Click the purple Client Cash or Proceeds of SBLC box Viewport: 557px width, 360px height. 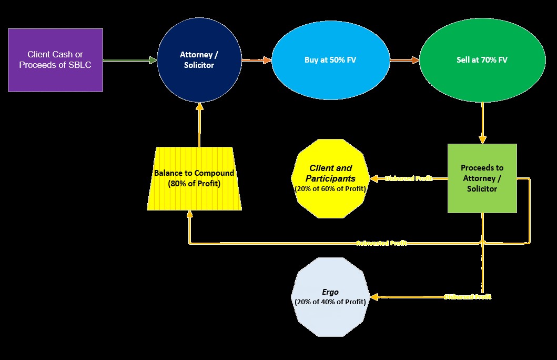point(55,60)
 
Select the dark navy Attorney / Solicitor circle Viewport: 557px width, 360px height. point(199,60)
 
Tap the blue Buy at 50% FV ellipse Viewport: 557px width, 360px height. point(330,60)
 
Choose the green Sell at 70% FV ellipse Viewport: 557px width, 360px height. point(482,60)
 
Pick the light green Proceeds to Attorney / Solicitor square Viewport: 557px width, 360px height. point(482,178)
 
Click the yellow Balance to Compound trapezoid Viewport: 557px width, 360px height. point(194,178)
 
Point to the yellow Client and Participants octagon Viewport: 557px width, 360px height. point(330,178)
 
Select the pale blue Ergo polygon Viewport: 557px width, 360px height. point(330,297)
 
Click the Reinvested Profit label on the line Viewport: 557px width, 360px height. point(381,243)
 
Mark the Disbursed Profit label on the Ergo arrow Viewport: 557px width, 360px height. point(467,297)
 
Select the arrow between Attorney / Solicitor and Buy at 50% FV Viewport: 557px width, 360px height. point(256,60)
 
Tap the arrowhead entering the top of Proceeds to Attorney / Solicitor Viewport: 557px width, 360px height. point(482,139)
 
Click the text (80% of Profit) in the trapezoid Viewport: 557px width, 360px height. point(194,184)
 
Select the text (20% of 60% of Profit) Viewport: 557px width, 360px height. point(330,188)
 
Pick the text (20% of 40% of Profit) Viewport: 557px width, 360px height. point(330,302)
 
